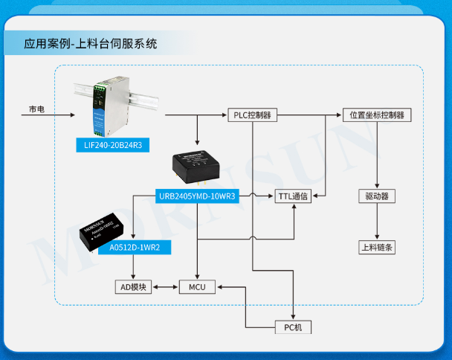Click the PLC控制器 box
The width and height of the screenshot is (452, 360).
[x=251, y=115]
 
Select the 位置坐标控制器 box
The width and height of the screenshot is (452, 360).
[x=377, y=115]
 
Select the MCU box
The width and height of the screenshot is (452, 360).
[x=196, y=286]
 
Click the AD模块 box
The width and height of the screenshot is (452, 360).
[x=134, y=286]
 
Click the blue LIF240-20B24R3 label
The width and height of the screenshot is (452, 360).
[x=112, y=146]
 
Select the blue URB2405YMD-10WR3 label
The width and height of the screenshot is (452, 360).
[x=197, y=196]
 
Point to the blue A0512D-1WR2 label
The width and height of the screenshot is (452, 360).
[x=135, y=246]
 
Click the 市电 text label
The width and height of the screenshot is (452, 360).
[x=36, y=109]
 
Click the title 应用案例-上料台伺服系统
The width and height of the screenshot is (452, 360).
[x=90, y=44]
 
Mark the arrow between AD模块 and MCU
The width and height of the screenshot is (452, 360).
[x=165, y=286]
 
